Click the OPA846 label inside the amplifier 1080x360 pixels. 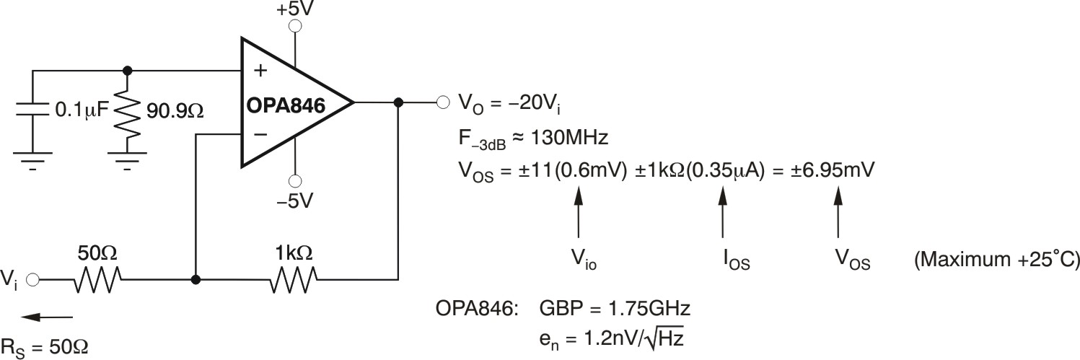click(286, 106)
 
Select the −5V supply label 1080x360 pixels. click(294, 201)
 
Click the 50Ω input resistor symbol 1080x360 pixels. click(97, 279)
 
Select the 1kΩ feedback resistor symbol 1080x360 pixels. click(294, 279)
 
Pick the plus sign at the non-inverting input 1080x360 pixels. click(260, 71)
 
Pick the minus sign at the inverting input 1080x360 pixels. click(260, 134)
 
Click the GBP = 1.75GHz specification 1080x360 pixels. click(615, 310)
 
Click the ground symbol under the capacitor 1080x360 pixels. click(33, 158)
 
